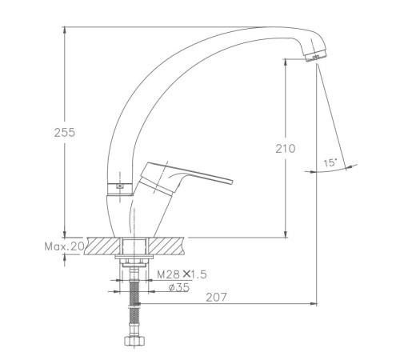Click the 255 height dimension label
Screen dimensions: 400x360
[x=65, y=132]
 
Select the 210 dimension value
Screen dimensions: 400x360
[x=286, y=149]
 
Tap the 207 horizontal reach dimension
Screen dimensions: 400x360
[x=216, y=298]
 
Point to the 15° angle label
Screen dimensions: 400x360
[x=330, y=163]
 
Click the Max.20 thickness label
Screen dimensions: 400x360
[x=64, y=246]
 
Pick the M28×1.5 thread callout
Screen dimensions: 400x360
[x=182, y=274]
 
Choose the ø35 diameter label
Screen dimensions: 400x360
[x=179, y=287]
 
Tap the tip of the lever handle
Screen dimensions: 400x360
[x=231, y=182]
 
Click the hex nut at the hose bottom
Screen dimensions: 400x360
[x=134, y=341]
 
